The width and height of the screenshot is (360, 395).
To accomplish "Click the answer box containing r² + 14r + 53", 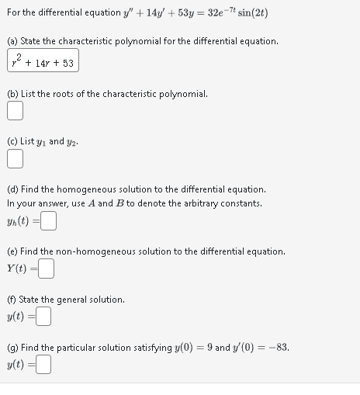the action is coord(43,61).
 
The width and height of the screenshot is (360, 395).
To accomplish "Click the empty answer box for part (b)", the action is coord(15,112).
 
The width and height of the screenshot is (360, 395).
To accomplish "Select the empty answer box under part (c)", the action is coord(15,160).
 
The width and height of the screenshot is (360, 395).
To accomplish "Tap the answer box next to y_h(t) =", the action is coord(49,222).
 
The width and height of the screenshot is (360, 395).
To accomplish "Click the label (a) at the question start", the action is coord(12,40).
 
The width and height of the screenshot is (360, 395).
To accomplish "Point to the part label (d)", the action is coord(12,189).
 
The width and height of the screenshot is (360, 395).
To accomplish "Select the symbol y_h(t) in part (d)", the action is coord(19,222).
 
